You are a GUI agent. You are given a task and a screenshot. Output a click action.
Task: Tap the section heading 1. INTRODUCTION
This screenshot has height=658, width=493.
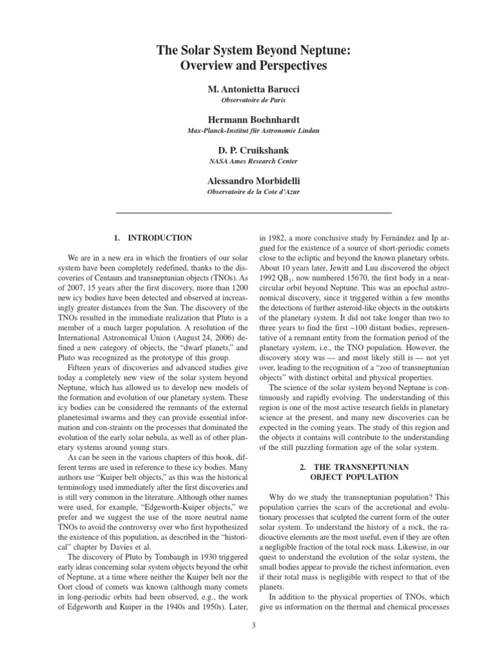(152, 238)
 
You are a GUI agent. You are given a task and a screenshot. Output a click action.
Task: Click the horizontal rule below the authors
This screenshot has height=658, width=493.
(254, 212)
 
